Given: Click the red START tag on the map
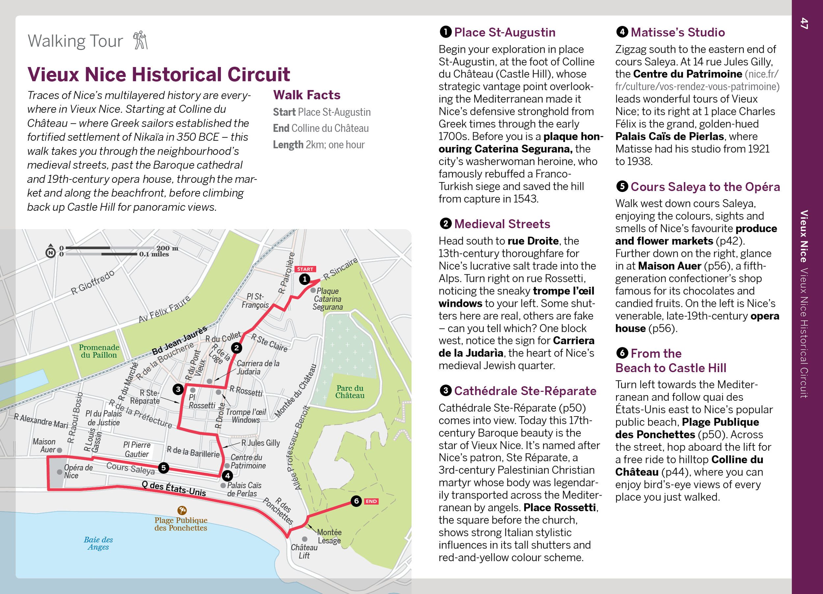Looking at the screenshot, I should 305,269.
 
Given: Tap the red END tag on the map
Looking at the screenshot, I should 371,501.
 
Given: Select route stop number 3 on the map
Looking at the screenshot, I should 178,389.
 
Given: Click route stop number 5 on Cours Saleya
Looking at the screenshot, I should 163,468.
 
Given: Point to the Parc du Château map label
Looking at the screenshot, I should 350,392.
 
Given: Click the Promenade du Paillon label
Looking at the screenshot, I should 99,351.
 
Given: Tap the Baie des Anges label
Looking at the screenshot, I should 98,543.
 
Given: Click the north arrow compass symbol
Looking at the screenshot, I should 51,252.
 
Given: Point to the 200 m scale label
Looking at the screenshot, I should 167,248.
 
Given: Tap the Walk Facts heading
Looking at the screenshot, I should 306,95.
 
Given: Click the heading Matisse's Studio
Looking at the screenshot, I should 677,32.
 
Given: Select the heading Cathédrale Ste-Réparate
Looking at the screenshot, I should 525,391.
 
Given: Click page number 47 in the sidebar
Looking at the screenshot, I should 804,23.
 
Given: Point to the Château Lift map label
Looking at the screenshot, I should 304,551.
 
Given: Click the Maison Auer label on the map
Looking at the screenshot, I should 44,445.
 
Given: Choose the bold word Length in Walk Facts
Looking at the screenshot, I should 288,145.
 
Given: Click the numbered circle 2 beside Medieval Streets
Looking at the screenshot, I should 445,224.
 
